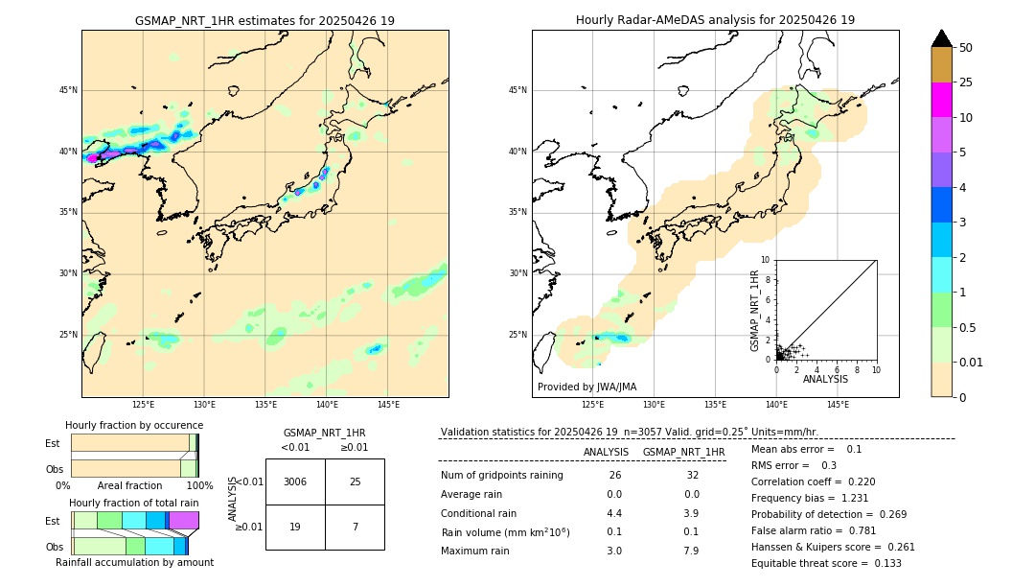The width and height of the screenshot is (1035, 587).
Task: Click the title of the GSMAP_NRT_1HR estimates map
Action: pos(264,20)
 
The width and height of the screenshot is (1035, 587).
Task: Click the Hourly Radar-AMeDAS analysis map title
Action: pos(715,20)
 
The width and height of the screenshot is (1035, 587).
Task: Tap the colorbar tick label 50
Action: pos(966,48)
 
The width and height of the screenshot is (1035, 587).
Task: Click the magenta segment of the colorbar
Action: pos(941,100)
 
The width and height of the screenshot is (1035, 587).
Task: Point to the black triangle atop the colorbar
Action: pos(941,38)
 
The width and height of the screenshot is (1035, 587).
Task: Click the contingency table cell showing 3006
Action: pos(294,481)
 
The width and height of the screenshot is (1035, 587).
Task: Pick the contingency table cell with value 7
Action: pos(355,528)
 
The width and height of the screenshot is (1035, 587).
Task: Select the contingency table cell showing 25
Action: pos(355,481)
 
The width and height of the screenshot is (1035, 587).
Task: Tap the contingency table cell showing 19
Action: pos(294,528)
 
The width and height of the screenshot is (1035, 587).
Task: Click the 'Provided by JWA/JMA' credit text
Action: pos(586,387)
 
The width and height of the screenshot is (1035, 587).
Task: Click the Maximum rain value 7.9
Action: pos(691,551)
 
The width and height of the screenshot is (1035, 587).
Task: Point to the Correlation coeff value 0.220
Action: pos(854,482)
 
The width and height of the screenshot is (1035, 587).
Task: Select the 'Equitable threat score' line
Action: pos(826,563)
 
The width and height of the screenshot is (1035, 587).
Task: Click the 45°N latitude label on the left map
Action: pos(68,90)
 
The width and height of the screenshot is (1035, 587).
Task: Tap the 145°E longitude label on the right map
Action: pos(838,405)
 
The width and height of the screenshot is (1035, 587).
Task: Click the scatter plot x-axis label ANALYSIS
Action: pos(825,380)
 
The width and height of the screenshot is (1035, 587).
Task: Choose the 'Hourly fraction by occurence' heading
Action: pos(134,425)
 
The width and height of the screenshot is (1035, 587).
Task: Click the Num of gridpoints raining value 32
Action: pos(691,476)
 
